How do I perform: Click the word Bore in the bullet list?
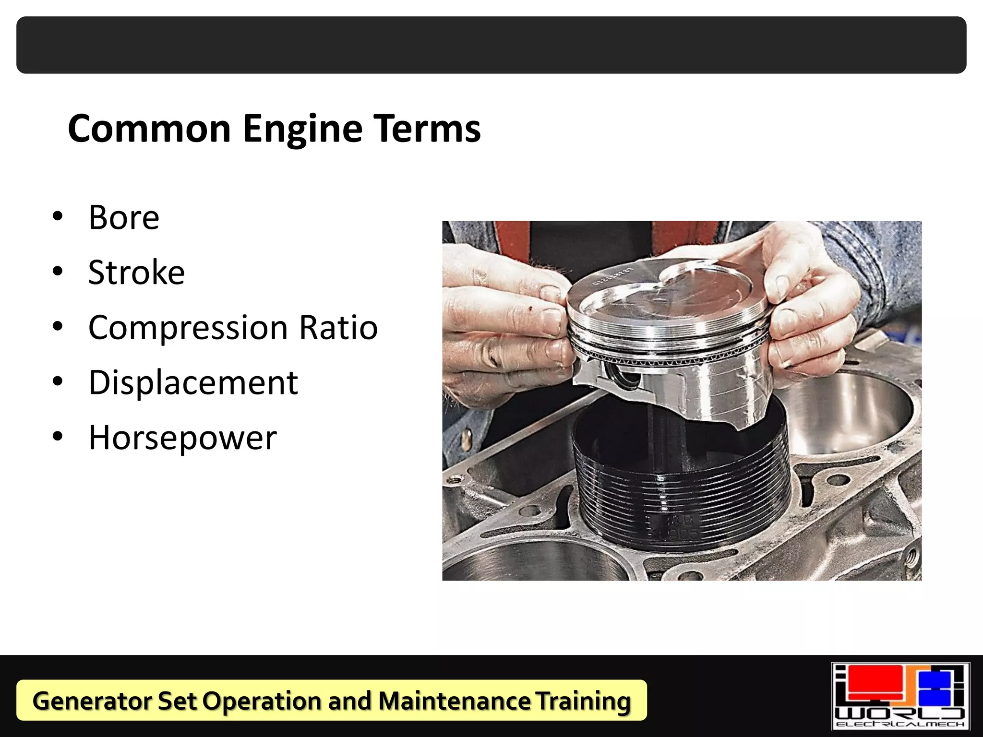tap(124, 218)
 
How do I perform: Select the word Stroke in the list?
tap(137, 273)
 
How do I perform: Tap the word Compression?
tap(188, 328)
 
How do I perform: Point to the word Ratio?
tap(338, 328)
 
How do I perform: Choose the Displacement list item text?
tap(193, 383)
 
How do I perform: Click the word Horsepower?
tap(183, 438)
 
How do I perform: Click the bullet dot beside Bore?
tap(58, 217)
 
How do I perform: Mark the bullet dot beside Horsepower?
tap(58, 437)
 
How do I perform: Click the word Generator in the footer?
tap(91, 701)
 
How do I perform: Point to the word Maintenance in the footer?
tap(454, 701)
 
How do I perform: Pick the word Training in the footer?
tap(583, 701)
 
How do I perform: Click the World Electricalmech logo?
tap(900, 696)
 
